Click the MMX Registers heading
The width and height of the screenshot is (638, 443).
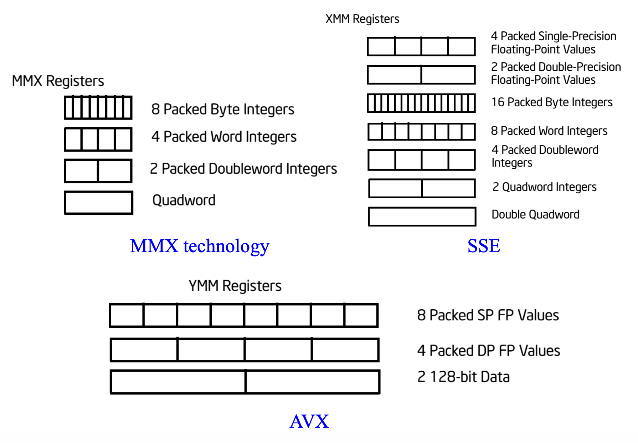tap(58, 81)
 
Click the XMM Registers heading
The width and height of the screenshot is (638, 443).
tap(362, 19)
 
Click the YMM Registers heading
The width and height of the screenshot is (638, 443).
tap(235, 286)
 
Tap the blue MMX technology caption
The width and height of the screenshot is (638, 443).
tap(200, 246)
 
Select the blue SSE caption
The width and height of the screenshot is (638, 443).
tap(484, 246)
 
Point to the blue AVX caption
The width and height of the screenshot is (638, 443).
tap(309, 421)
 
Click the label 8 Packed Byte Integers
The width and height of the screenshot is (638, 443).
tap(223, 109)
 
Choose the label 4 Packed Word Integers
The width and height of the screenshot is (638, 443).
tap(224, 137)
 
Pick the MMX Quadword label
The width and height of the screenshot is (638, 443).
tap(184, 200)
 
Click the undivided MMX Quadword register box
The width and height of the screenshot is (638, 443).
tap(99, 203)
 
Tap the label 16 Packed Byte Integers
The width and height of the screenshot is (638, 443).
tap(552, 102)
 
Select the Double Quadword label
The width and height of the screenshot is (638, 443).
tap(535, 215)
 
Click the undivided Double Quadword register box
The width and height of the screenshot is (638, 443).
tap(422, 217)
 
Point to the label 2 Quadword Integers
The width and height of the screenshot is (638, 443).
tap(544, 187)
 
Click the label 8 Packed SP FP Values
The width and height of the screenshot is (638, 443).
tap(488, 315)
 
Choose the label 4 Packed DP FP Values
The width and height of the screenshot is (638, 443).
tap(489, 351)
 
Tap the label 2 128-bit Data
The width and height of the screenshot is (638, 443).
tap(463, 377)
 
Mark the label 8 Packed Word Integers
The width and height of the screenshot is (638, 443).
tap(549, 131)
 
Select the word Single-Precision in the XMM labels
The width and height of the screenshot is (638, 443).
tap(577, 36)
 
